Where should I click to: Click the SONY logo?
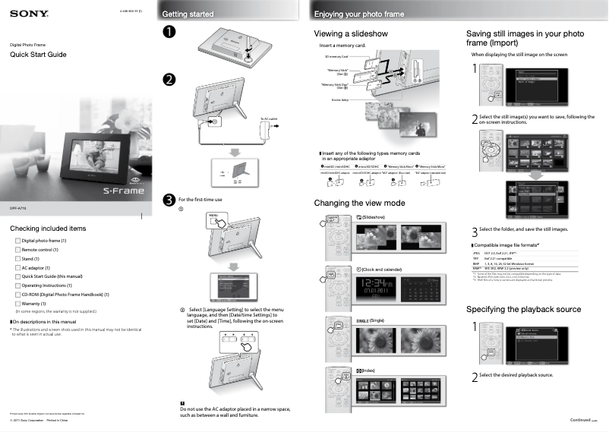click(29, 13)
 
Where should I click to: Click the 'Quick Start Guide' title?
click(38, 55)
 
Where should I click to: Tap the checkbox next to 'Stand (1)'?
click(18, 259)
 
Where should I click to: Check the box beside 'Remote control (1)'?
click(18, 250)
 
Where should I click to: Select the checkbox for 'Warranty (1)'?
click(18, 304)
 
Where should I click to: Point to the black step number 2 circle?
click(169, 80)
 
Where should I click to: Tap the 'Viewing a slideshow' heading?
click(351, 34)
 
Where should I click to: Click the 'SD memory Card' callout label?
click(336, 57)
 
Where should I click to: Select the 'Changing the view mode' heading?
click(359, 203)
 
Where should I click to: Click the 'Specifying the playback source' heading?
click(523, 309)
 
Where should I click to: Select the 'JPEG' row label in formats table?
click(476, 252)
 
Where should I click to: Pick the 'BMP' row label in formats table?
click(475, 263)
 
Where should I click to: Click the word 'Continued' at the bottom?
click(580, 420)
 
